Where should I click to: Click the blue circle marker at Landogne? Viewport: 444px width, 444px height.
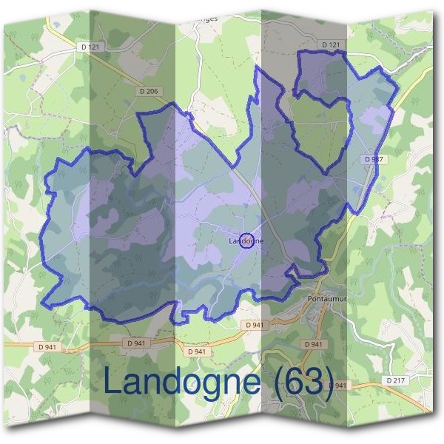click(x=248, y=240)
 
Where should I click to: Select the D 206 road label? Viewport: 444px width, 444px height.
click(x=148, y=91)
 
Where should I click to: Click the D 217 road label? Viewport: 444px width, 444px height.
click(x=396, y=380)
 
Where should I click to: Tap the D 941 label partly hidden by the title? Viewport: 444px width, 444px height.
click(x=337, y=386)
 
